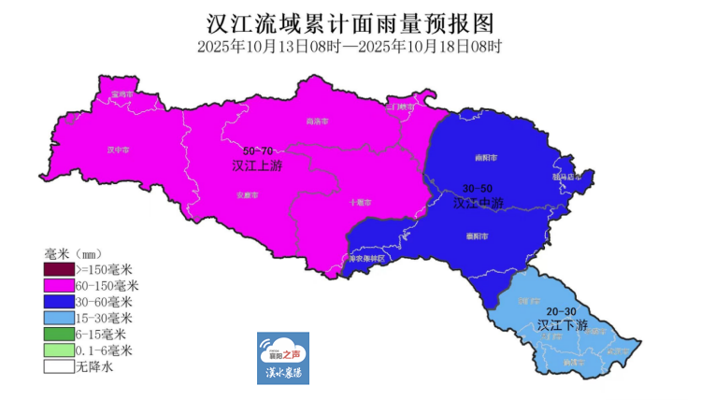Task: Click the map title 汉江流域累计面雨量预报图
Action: point(350,21)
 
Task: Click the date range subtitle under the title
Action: point(350,45)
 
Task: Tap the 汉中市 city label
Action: point(118,149)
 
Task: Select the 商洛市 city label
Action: point(318,121)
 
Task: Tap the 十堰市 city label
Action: point(361,202)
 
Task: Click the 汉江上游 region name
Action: point(257,165)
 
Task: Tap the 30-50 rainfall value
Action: point(478,188)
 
